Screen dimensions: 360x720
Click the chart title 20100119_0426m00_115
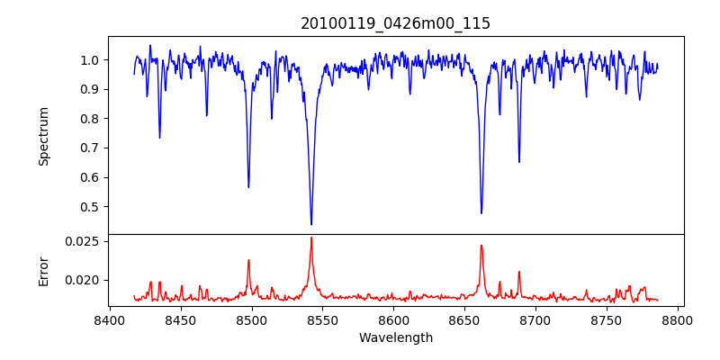point(395,23)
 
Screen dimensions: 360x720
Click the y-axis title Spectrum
point(44,136)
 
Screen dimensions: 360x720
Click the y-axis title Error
point(44,270)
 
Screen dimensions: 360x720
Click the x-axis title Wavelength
point(395,338)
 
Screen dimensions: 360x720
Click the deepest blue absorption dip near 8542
point(311,224)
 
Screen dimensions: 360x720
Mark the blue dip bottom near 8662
point(481,212)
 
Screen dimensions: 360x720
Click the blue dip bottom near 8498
point(249,186)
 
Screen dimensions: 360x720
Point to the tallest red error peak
point(311,238)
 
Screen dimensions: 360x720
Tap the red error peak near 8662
point(481,246)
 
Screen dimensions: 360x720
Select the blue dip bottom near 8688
point(519,162)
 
